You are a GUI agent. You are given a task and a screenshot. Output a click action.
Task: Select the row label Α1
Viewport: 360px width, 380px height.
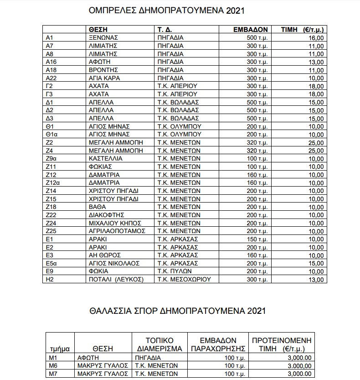coord(50,37)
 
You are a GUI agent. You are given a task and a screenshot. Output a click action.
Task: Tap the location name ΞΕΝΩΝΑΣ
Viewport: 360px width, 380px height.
coord(103,37)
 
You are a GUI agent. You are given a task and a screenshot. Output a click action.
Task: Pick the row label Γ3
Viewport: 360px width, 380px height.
coord(50,94)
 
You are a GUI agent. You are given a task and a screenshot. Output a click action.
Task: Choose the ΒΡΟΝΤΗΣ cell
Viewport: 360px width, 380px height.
coord(103,70)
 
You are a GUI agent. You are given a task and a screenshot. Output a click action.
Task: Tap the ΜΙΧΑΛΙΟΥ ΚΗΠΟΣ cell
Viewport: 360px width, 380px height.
coord(115,223)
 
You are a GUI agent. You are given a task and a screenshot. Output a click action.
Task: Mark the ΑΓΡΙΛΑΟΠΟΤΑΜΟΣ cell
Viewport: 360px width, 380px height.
coord(117,231)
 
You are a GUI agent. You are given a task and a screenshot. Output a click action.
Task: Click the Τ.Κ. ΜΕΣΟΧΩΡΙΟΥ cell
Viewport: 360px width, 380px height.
coord(184,279)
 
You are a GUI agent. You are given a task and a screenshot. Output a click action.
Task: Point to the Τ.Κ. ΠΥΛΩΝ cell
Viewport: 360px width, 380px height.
coord(175,271)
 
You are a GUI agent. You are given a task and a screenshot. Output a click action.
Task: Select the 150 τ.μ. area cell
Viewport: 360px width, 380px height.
coord(257,239)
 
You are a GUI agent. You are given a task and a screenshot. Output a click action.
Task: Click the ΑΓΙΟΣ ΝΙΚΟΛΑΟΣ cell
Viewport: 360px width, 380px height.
coord(114,263)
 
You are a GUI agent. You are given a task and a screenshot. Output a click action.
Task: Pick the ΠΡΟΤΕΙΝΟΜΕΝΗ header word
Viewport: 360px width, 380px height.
coord(282,340)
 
